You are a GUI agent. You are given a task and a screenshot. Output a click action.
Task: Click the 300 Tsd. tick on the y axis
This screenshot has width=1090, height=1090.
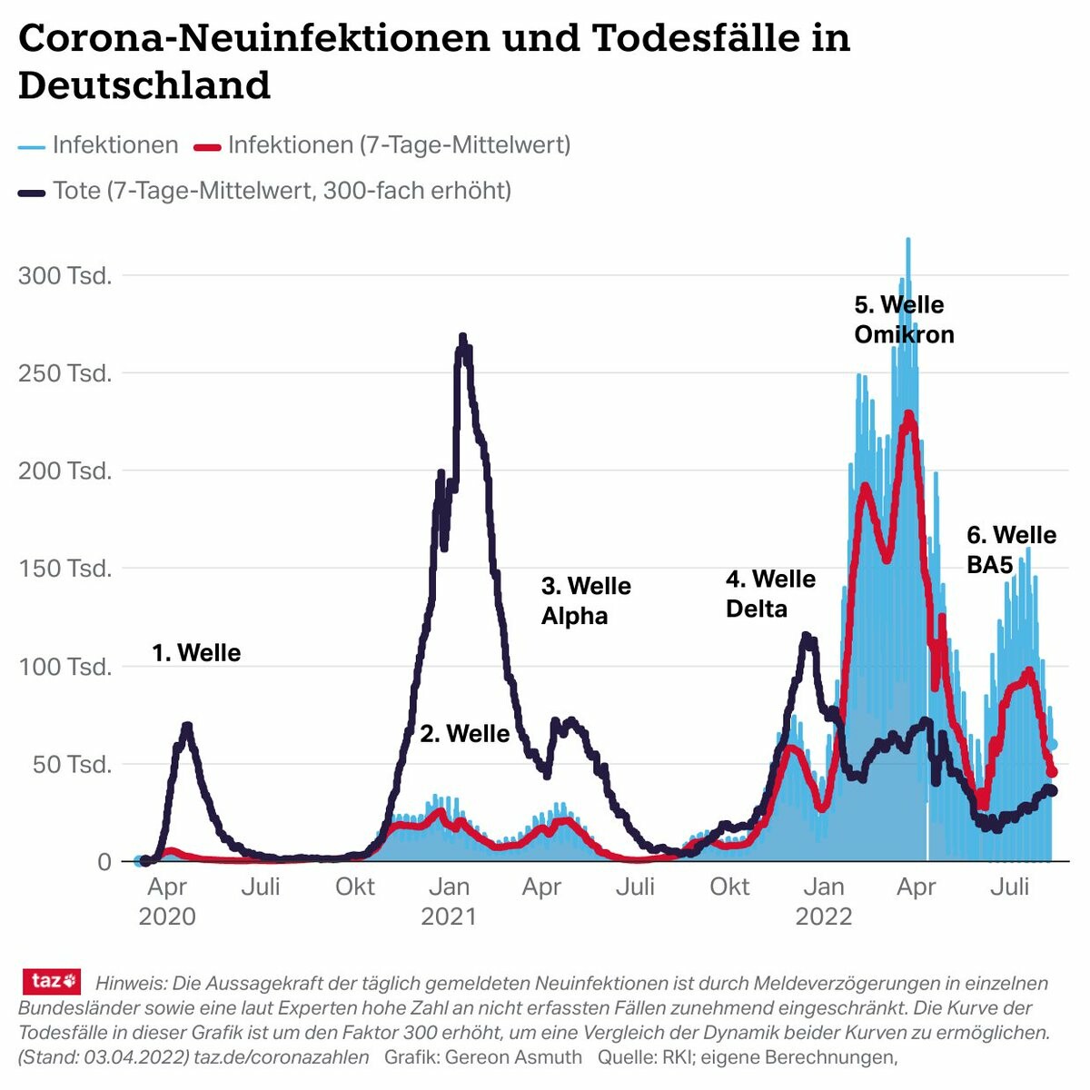pos(65,275)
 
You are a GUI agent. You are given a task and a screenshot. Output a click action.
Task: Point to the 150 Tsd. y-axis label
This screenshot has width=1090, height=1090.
pos(65,569)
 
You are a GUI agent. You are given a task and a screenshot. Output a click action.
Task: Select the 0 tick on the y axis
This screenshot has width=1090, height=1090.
pos(104,861)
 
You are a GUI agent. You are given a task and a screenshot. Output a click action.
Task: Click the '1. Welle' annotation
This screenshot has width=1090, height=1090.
pos(196,652)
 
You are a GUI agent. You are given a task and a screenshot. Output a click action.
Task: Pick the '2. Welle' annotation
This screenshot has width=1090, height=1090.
pos(464,733)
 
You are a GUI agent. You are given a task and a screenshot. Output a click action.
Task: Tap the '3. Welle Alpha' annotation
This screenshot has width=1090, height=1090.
pos(586,600)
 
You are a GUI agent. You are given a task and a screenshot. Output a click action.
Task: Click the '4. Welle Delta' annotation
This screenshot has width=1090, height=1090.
pos(770,593)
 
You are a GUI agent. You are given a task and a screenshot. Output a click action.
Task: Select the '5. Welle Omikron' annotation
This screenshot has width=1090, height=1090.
pos(904,319)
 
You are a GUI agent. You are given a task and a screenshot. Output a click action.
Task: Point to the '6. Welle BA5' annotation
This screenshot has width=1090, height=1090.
pos(1011,549)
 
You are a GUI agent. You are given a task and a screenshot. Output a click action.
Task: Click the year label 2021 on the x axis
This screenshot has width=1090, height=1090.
pos(448,916)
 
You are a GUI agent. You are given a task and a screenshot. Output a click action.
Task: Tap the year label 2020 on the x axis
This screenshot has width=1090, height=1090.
pos(167,916)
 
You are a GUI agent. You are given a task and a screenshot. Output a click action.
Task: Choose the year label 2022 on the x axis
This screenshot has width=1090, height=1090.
pos(824,916)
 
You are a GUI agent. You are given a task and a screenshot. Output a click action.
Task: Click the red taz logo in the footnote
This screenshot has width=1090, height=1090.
pos(52,981)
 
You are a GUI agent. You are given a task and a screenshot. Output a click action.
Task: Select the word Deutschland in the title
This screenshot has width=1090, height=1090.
pos(144,85)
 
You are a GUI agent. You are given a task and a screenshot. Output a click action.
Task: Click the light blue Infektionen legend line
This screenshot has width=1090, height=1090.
pos(31,146)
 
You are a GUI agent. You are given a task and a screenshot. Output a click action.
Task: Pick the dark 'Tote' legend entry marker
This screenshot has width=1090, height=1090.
pos(31,193)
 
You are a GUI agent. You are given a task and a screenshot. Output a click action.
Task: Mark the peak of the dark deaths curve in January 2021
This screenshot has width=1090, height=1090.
pos(462,338)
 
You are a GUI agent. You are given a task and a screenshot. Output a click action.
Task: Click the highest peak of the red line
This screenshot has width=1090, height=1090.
pos(907,415)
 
